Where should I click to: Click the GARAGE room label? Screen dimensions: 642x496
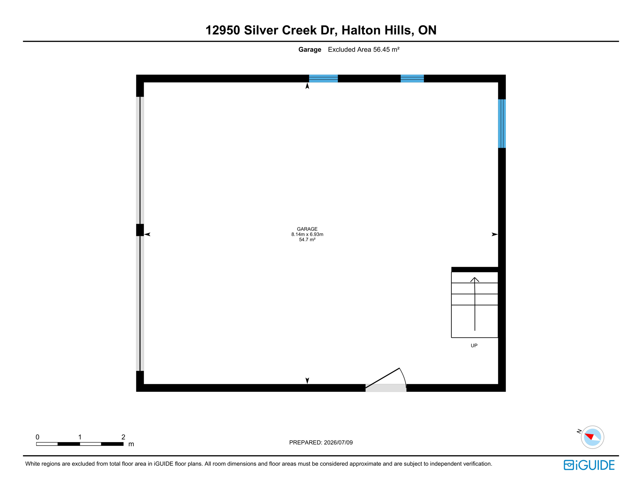click(307, 229)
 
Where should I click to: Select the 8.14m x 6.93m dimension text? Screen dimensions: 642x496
click(307, 234)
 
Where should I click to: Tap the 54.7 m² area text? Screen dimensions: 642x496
click(307, 240)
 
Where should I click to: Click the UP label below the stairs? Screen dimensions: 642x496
click(474, 346)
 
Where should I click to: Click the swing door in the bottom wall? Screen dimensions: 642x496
click(386, 380)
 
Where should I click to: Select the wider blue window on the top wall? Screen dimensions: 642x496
click(323, 78)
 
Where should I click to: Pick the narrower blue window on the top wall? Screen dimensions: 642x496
click(412, 78)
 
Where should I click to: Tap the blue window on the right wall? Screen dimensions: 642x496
click(502, 124)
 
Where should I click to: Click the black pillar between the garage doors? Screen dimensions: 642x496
click(140, 230)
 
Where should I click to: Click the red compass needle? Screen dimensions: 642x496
click(589, 436)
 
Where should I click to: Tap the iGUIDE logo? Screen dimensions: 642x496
click(589, 465)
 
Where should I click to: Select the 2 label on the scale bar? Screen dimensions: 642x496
click(123, 437)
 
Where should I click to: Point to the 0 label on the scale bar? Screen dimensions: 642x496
click(37, 437)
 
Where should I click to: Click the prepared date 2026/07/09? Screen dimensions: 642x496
click(338, 442)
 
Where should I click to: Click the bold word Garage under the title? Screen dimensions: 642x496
click(310, 49)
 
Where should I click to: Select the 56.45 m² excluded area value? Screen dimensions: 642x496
click(386, 49)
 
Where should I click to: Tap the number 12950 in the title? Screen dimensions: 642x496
click(223, 30)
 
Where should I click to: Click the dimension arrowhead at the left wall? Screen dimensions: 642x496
click(147, 234)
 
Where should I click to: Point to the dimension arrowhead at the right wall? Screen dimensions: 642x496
click(494, 234)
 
